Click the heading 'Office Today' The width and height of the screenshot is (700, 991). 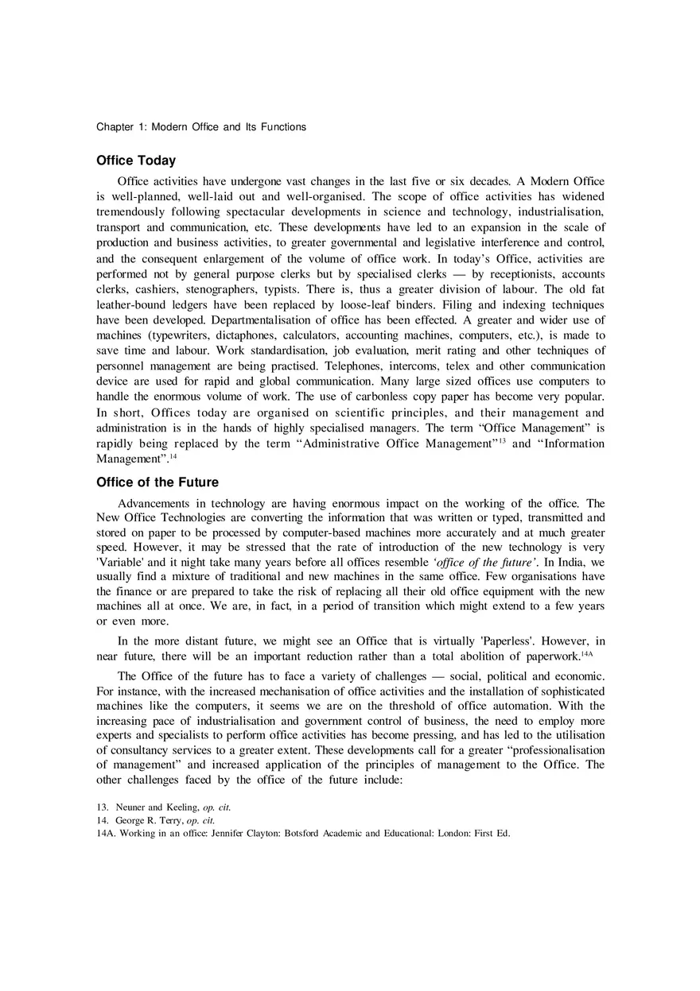[x=136, y=161]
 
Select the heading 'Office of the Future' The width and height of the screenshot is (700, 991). [x=157, y=482]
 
